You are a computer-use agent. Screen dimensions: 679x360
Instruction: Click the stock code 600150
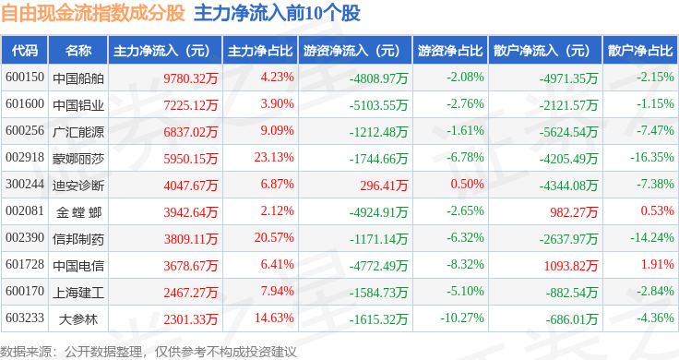[25, 78]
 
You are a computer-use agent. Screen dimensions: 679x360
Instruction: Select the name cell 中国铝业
[78, 105]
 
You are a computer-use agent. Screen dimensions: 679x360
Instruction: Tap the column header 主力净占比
[260, 50]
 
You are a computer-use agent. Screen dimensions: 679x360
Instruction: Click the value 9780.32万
[191, 78]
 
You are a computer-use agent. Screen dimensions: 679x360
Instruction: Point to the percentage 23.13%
[274, 157]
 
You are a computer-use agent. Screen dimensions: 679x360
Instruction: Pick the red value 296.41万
[384, 186]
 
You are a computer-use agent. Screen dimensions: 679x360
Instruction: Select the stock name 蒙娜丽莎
[78, 159]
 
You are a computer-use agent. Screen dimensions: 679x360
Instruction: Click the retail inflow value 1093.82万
[571, 266]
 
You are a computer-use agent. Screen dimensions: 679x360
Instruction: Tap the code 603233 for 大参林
[25, 318]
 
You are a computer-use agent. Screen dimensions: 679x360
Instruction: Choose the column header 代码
[25, 50]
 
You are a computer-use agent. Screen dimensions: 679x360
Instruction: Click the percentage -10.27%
[462, 318]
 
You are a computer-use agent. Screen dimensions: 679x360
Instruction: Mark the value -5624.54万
[568, 132]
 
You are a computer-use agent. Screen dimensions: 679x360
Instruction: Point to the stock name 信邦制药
[78, 239]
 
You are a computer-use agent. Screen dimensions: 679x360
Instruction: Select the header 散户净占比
[640, 50]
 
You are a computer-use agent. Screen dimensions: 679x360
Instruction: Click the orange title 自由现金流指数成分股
[92, 13]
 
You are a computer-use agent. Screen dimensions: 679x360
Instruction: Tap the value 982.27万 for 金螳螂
[574, 212]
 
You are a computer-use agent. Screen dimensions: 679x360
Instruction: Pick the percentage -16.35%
[651, 157]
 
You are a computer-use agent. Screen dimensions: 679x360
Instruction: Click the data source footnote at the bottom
[149, 352]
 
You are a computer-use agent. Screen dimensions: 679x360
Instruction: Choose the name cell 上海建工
[78, 293]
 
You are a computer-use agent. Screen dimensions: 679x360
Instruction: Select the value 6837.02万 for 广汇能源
[191, 132]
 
